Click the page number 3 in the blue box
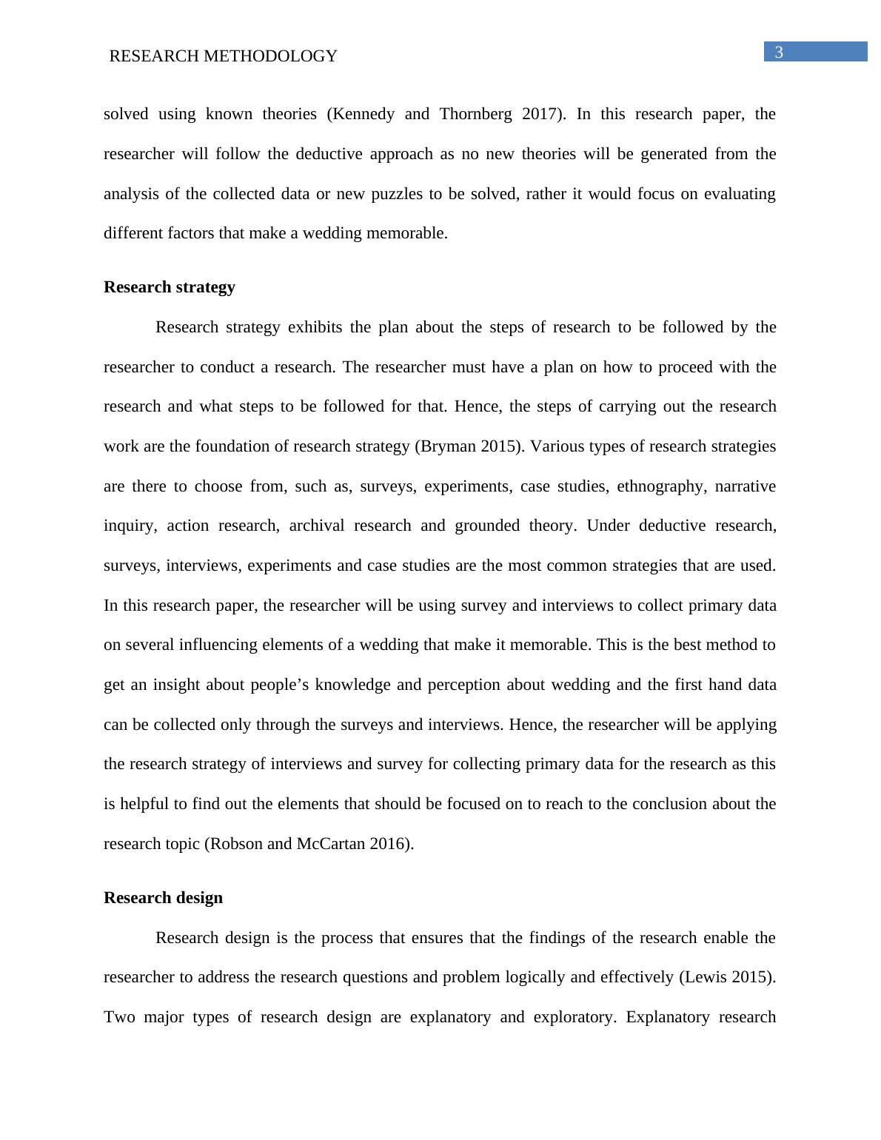[779, 52]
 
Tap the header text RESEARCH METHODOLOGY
[223, 56]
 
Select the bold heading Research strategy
[170, 287]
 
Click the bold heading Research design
[163, 898]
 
